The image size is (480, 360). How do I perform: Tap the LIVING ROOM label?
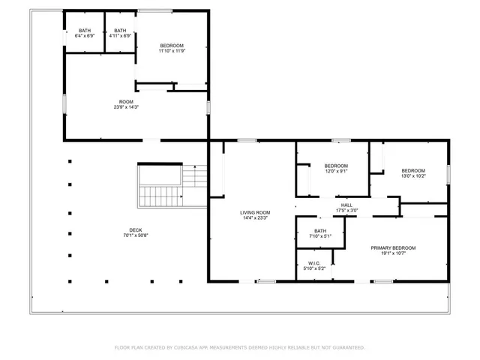(255, 212)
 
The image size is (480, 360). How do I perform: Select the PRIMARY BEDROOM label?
(393, 248)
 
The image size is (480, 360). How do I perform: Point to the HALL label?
(346, 205)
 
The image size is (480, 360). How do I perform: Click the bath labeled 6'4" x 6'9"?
(84, 31)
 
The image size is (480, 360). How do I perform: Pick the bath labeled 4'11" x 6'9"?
(120, 31)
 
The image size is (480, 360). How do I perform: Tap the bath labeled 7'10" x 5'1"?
(320, 231)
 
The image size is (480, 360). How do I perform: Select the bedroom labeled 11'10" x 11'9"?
(172, 46)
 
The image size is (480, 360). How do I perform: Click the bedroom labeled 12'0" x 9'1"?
(336, 166)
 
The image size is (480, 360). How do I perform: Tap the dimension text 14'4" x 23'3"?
(255, 217)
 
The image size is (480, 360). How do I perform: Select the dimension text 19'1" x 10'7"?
(393, 253)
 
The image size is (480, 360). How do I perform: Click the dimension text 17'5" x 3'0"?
(346, 210)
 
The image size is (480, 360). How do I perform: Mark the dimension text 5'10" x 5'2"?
(314, 268)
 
